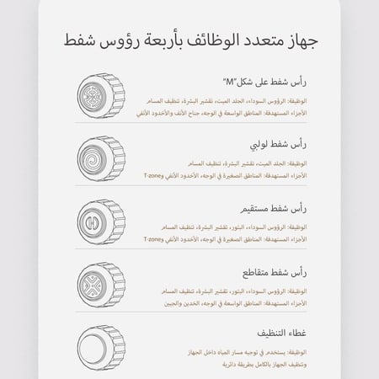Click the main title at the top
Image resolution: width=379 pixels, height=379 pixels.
(x=189, y=40)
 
